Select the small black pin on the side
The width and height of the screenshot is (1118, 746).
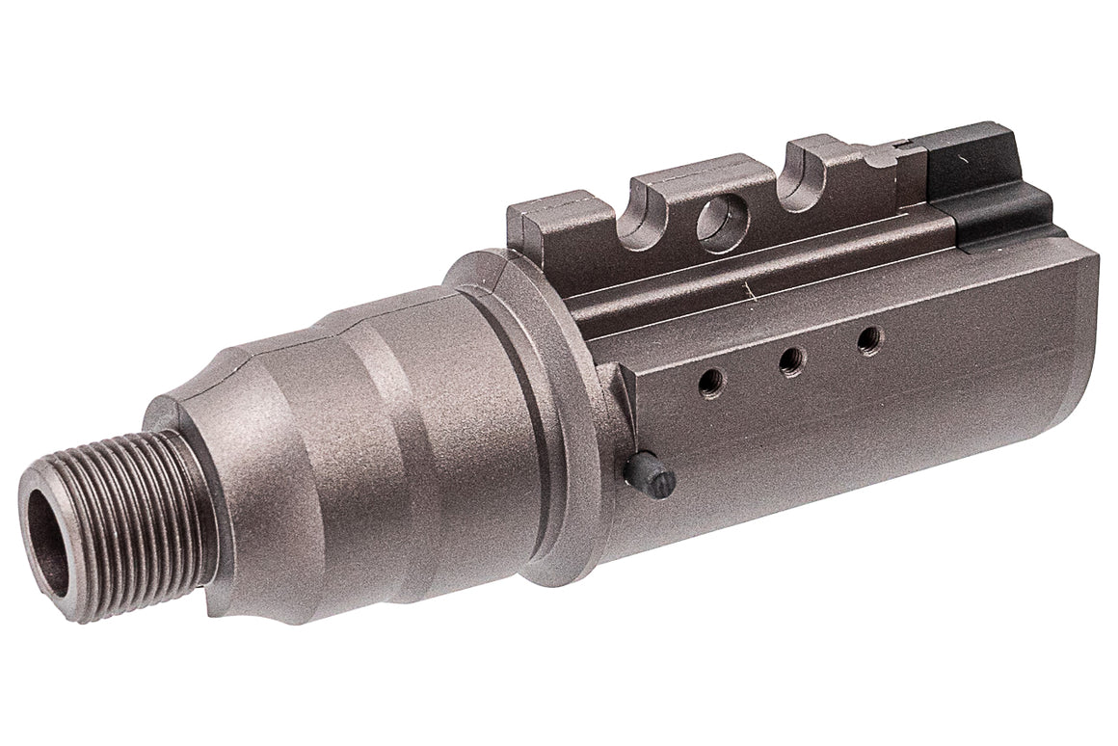click(x=648, y=473)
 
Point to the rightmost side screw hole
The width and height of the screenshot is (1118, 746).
click(x=869, y=339)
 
